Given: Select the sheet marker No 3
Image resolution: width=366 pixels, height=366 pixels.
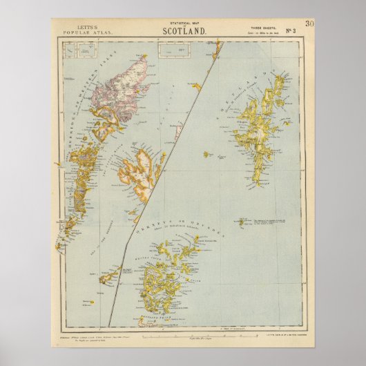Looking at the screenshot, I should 291,31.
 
